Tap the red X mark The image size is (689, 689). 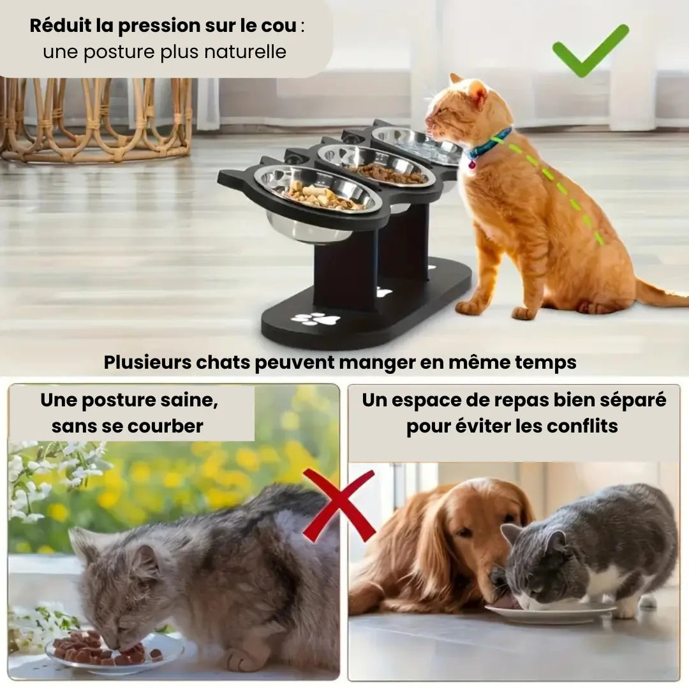point(339,505)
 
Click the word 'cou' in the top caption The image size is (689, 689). point(279,26)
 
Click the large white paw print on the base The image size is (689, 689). point(316,318)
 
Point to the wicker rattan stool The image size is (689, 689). point(97,118)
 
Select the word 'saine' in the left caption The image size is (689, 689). point(192,400)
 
